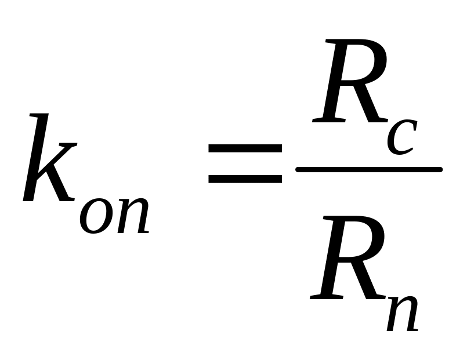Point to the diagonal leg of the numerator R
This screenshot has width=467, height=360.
(x=372, y=104)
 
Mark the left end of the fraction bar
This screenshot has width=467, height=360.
(x=299, y=169)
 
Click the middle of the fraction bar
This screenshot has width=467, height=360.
(x=370, y=169)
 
